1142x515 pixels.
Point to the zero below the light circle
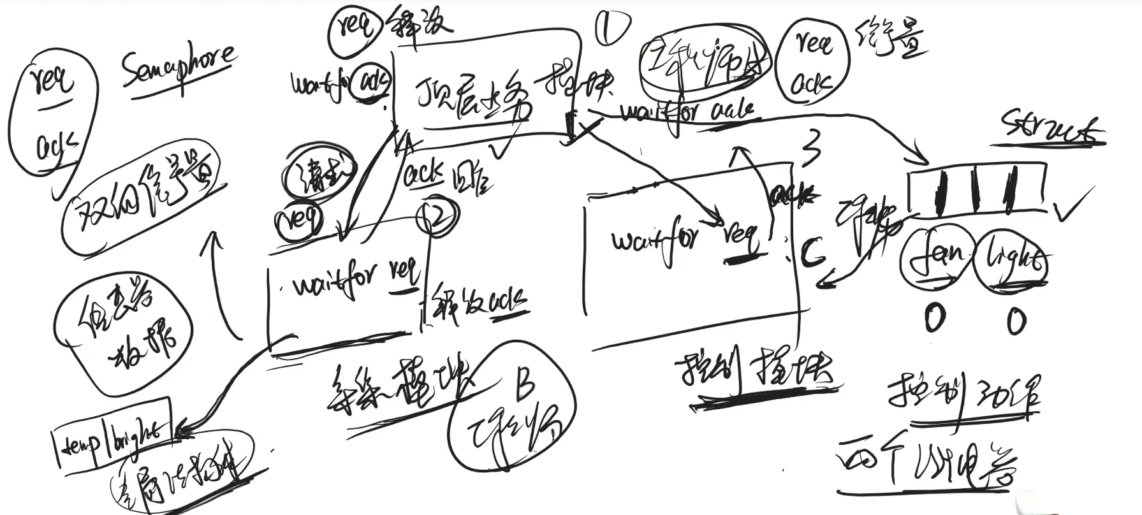tap(1016, 320)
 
